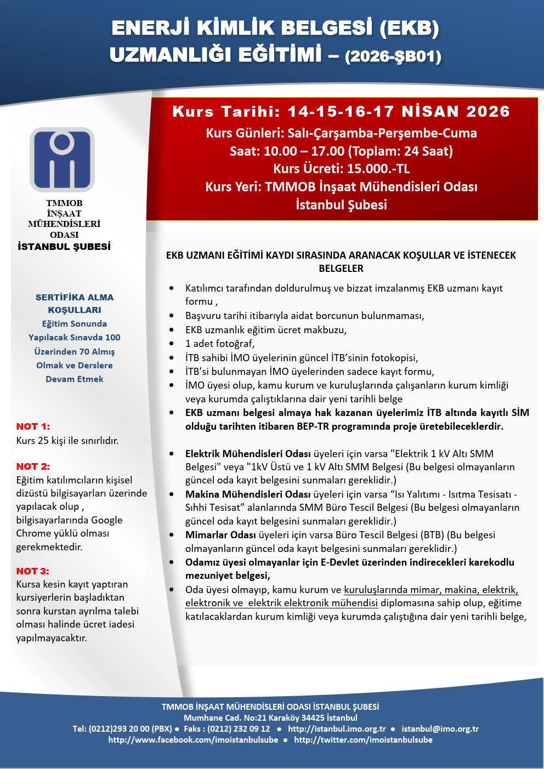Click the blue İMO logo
tap(62, 159)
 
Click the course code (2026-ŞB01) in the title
tap(393, 56)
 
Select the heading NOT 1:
tap(33, 426)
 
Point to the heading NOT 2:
tap(33, 466)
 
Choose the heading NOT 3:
tap(33, 571)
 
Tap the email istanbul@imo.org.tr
tap(440, 729)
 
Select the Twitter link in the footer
tap(363, 740)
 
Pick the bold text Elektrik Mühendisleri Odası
tap(248, 454)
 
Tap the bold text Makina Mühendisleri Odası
tap(248, 494)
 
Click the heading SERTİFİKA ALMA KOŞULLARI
tap(75, 304)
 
